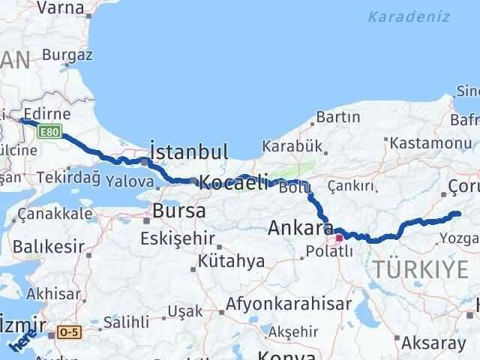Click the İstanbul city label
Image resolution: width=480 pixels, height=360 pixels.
(189, 152)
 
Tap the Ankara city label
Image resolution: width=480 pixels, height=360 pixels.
(300, 227)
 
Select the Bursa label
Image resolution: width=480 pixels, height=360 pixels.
(178, 211)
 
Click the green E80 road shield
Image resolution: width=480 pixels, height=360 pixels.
(49, 132)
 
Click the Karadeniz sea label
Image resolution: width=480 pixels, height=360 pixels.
(409, 16)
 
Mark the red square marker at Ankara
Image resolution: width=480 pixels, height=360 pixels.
(339, 238)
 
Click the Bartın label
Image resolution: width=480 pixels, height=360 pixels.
(337, 117)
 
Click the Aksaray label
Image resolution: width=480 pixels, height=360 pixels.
(438, 342)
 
